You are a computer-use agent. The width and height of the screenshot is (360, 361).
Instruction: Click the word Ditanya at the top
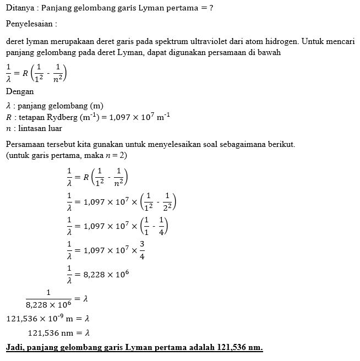20,8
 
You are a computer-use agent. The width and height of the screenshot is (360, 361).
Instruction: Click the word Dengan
19,92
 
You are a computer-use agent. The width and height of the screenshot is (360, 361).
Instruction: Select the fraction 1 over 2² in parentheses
166,203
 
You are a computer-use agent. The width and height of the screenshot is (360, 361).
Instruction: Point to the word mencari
342,41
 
